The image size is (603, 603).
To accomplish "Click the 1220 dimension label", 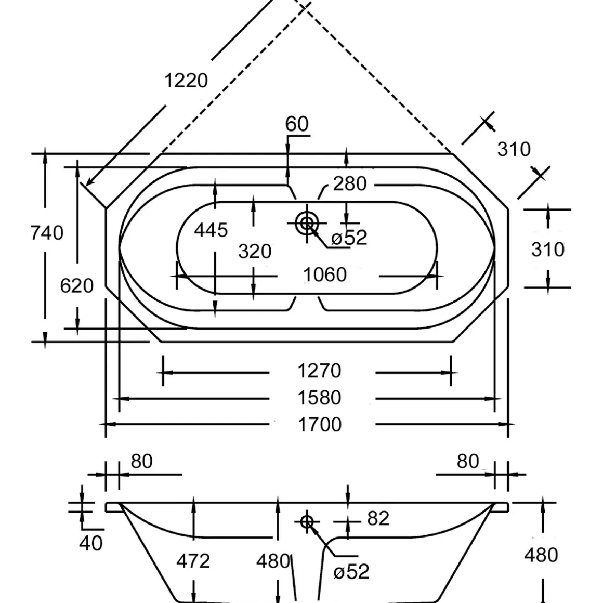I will (x=186, y=81).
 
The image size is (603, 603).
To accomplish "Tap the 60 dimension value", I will (x=297, y=124).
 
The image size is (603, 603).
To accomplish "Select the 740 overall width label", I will (x=47, y=232).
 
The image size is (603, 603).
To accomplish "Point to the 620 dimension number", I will (x=77, y=285).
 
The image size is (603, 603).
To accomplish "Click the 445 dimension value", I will (x=211, y=229).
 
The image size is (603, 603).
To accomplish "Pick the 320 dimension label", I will (x=255, y=252).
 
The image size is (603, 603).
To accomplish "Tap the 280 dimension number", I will (x=350, y=183).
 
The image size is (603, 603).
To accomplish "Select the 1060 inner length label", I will (x=325, y=274).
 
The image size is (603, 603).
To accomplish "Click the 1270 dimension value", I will (x=319, y=371).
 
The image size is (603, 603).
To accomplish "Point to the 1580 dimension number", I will (x=319, y=398).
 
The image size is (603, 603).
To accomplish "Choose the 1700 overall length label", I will (x=319, y=425).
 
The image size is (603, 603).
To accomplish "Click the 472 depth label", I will (x=193, y=561).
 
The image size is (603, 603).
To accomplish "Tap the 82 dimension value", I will (x=378, y=518).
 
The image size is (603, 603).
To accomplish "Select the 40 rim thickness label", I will (x=91, y=543).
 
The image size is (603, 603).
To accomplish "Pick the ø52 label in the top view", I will (x=349, y=238).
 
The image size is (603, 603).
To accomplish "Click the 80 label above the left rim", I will (x=141, y=461).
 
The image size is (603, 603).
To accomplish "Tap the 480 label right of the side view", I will (x=541, y=555).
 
